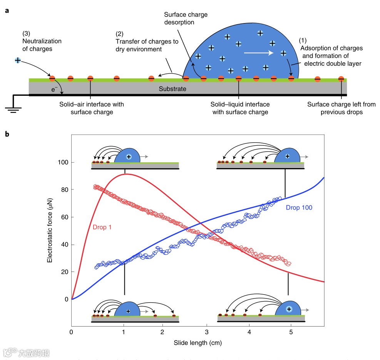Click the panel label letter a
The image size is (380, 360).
pos(7,11)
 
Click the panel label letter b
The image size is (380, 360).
pos(7,134)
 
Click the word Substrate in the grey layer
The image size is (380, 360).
pos(172,89)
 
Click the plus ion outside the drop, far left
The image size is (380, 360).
pos(18,60)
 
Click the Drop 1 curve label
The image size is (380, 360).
pos(102,227)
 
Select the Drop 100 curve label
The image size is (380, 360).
pos(299,208)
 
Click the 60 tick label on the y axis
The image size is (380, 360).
pos(64,217)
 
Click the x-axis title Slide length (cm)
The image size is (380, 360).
pos(198,342)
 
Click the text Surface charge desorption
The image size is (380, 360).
pos(186,18)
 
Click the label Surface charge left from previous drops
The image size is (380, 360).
pos(341,108)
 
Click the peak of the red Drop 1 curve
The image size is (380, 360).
pos(126,174)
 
